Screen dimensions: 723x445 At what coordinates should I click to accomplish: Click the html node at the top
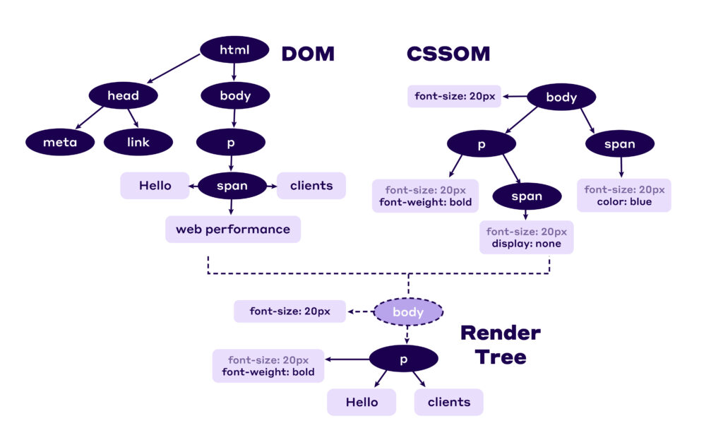click(x=234, y=49)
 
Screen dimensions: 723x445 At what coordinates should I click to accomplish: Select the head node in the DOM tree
click(x=123, y=95)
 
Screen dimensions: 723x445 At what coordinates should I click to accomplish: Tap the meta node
click(x=59, y=142)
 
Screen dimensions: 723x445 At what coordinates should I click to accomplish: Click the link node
click(x=138, y=142)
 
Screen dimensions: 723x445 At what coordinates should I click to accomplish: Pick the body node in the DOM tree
click(x=234, y=95)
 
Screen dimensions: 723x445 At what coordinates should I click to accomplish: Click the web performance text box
click(x=233, y=229)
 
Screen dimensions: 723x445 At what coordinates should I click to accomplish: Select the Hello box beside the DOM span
click(x=155, y=186)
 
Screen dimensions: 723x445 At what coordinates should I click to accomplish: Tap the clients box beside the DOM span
click(x=311, y=186)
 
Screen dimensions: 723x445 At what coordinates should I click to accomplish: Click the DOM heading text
click(x=308, y=54)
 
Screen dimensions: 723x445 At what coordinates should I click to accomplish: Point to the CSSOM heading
click(x=448, y=54)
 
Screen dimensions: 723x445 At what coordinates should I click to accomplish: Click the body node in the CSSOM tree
click(x=561, y=97)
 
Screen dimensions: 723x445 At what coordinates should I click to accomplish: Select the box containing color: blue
click(x=623, y=195)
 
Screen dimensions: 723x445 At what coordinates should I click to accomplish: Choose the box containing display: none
click(x=526, y=237)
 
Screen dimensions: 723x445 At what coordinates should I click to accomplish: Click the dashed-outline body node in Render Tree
click(x=408, y=311)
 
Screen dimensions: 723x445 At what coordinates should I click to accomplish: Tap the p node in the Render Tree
click(x=404, y=359)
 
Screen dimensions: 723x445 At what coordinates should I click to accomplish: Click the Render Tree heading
click(x=501, y=344)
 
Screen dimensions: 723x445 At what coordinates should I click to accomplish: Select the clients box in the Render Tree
click(x=448, y=402)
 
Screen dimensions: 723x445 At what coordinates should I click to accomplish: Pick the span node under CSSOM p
click(x=526, y=196)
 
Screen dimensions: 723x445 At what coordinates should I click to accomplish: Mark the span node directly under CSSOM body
click(x=619, y=144)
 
